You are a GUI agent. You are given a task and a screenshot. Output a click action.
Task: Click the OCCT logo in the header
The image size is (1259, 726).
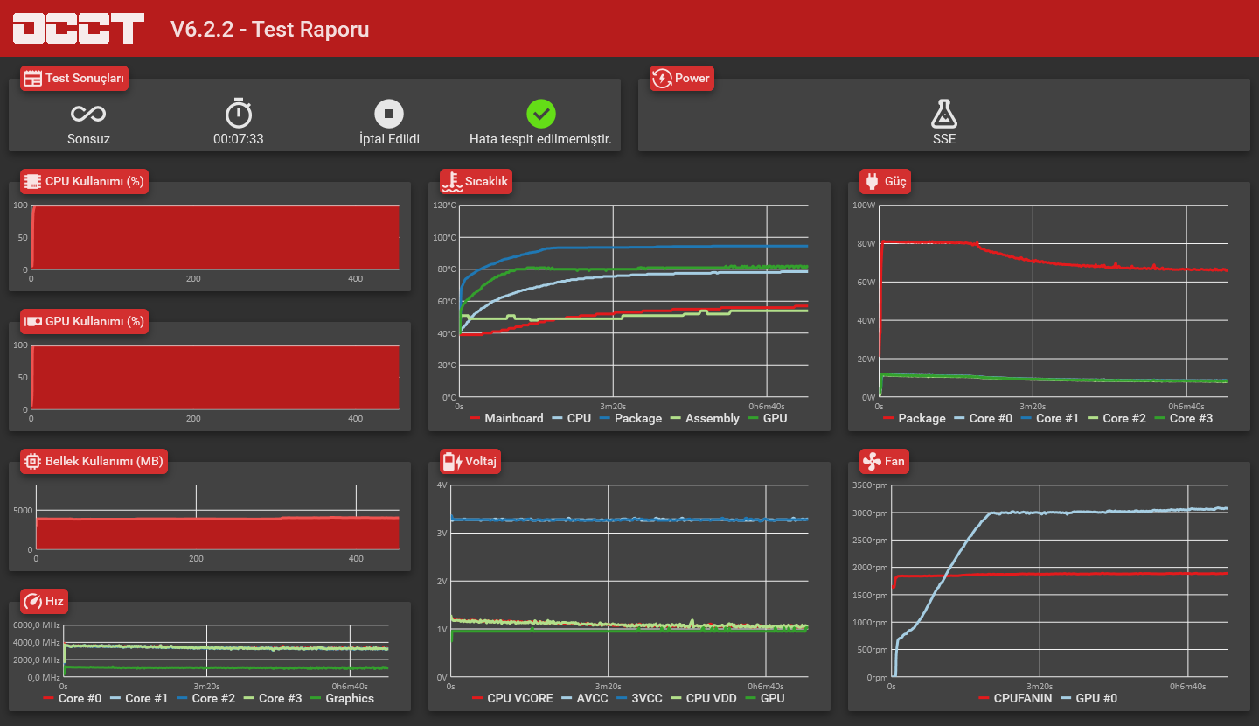click(x=79, y=28)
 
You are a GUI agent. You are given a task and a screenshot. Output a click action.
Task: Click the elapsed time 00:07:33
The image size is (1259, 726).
click(x=239, y=139)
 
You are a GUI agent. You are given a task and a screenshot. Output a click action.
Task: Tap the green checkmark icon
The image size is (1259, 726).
click(x=540, y=114)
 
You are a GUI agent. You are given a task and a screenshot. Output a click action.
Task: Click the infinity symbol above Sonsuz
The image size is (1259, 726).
click(x=88, y=114)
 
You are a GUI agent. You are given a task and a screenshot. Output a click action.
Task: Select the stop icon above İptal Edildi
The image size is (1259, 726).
click(x=389, y=114)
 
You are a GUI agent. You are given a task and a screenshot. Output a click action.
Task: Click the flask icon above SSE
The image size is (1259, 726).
click(x=943, y=114)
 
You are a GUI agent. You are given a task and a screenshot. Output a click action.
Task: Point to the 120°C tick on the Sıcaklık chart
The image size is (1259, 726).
click(x=444, y=206)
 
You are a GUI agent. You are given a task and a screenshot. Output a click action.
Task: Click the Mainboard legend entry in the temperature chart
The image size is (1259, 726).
click(x=506, y=418)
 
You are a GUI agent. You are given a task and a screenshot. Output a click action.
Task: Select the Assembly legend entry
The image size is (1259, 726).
click(x=705, y=418)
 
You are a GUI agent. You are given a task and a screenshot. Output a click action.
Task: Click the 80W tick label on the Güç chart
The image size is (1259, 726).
click(x=866, y=243)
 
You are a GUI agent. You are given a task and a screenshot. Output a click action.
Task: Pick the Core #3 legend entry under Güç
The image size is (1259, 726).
click(x=1183, y=418)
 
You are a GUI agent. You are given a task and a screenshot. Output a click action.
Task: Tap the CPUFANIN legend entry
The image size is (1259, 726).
click(x=1015, y=698)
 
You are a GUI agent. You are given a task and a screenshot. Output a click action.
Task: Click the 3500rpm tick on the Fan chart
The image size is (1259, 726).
click(x=870, y=485)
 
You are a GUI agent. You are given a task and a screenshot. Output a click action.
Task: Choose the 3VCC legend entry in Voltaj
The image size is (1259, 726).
click(x=640, y=698)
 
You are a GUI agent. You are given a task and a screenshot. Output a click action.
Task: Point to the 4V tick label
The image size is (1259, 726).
click(x=442, y=485)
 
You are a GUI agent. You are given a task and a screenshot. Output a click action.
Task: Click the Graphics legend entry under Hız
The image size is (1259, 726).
click(x=343, y=698)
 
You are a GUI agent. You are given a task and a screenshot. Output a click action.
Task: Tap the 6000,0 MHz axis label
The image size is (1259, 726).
click(x=37, y=625)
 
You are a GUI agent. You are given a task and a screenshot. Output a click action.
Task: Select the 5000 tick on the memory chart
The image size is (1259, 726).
click(x=23, y=511)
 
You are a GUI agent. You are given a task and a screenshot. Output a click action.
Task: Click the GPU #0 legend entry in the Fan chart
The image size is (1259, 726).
click(x=1089, y=698)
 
